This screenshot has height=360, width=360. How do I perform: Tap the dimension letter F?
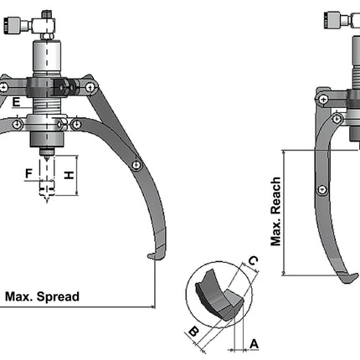tap(29, 174)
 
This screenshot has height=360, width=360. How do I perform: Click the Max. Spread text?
tap(42, 296)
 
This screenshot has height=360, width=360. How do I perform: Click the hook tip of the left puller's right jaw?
tap(149, 255)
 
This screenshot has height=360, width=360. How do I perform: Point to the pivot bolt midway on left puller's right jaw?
tap(135, 166)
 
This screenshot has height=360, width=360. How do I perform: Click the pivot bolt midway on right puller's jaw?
tap(321, 190)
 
